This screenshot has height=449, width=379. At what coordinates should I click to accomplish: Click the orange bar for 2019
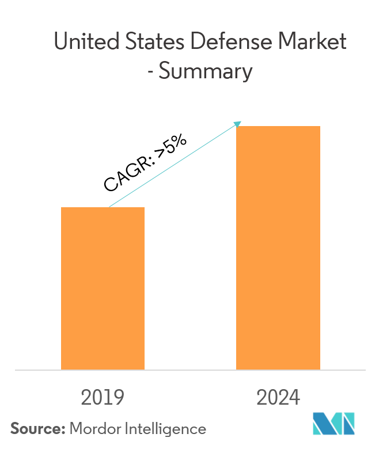103,288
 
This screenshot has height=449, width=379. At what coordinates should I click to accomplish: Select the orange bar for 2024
278,248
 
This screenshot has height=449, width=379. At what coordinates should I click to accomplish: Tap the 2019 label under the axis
103,398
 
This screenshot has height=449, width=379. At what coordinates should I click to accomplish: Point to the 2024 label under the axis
278,398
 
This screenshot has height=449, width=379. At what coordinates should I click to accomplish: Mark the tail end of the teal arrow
110,206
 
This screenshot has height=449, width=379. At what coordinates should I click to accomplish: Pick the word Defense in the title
225,42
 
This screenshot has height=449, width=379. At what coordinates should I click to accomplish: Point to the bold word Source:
37,428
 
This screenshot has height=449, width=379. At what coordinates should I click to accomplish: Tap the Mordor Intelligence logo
334,424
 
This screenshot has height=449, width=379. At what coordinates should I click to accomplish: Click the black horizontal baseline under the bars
189,370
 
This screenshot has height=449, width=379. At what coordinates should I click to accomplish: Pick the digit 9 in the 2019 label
118,398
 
